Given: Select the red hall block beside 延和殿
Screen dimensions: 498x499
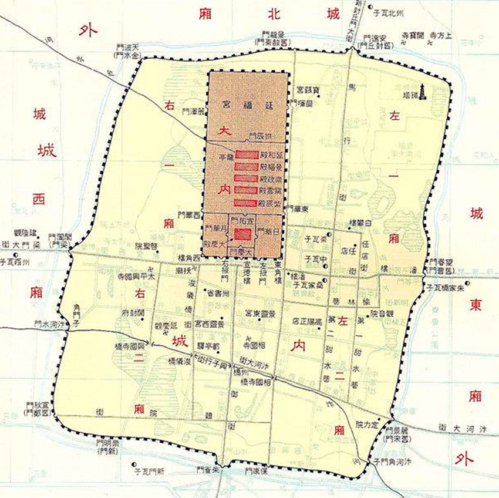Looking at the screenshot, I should (247, 154).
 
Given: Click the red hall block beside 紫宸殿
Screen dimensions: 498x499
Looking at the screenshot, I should (247, 203).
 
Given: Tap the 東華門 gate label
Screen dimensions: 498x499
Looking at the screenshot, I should (296, 207).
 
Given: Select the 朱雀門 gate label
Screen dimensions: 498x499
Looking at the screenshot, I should (208, 469).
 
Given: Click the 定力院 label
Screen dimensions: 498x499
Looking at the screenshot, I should (368, 423).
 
